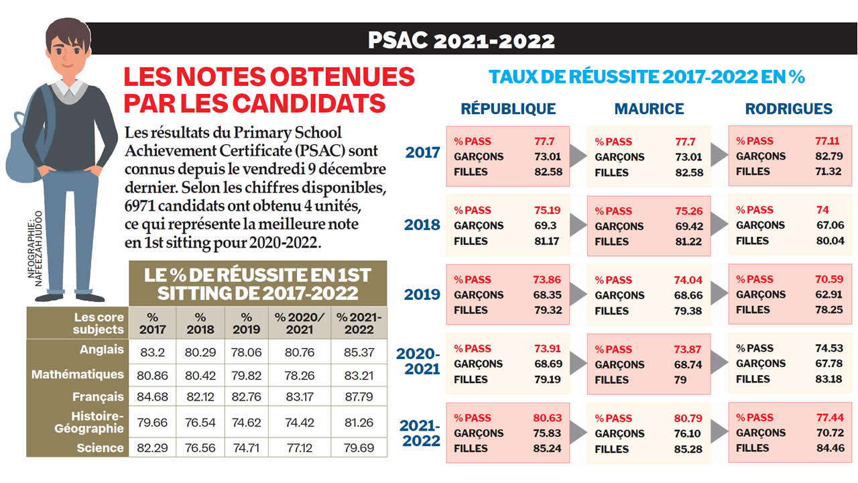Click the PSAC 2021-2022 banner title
[x=461, y=40]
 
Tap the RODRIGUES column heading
[x=788, y=109]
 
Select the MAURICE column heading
[x=649, y=109]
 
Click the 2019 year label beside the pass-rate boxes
[x=422, y=294]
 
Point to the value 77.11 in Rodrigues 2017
[x=826, y=141]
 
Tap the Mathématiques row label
[x=78, y=374]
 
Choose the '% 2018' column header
[x=200, y=323]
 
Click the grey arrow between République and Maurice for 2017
[x=578, y=156]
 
